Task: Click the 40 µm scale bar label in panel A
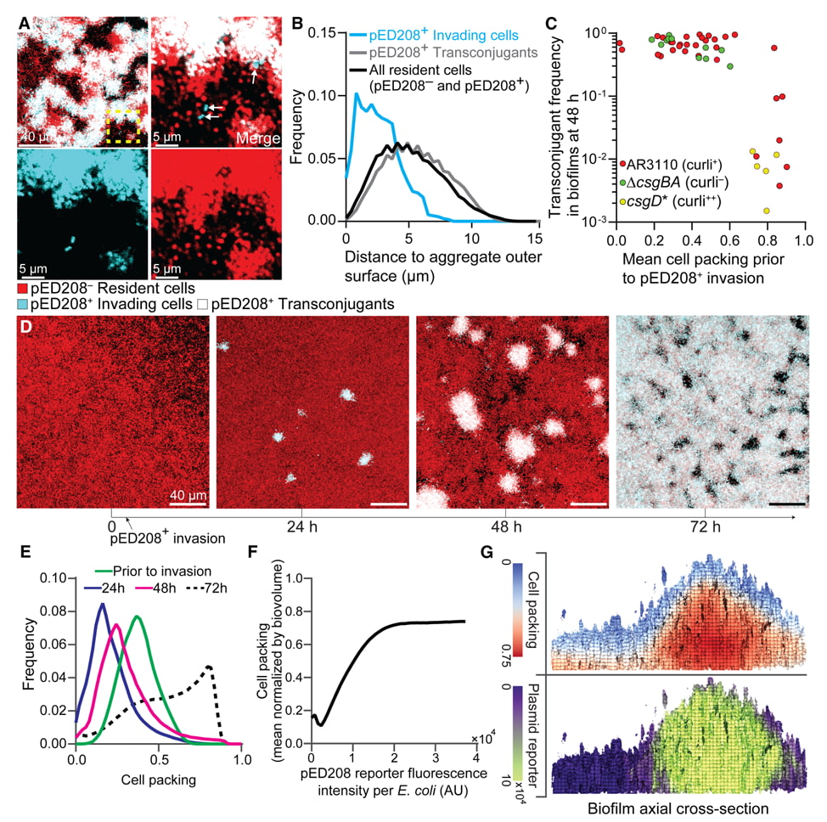[x=40, y=137]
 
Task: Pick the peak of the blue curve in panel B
[x=357, y=94]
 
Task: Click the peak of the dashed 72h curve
[x=208, y=667]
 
